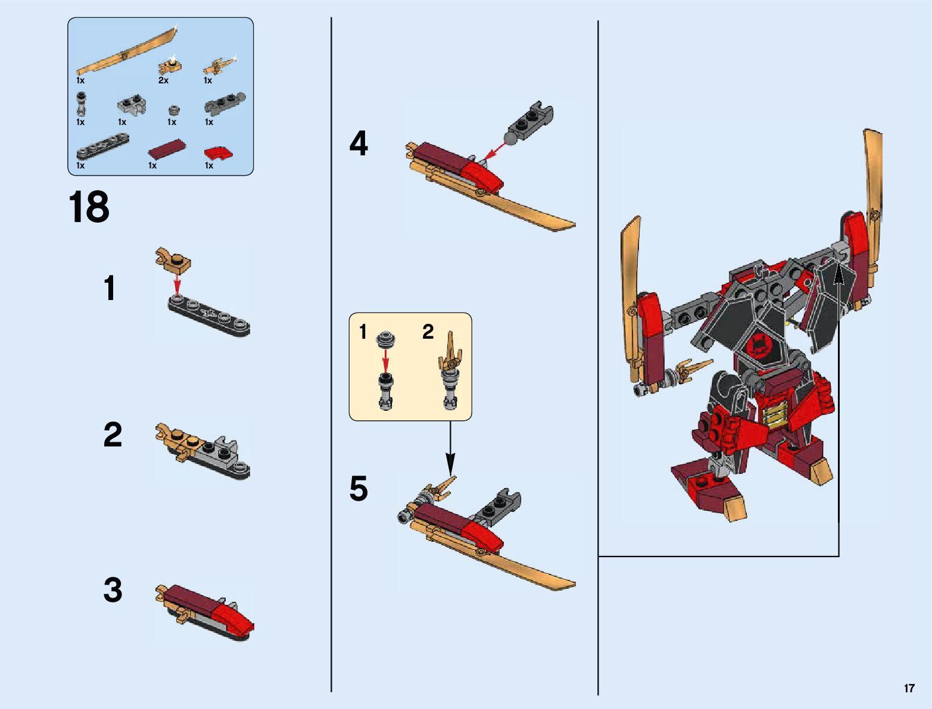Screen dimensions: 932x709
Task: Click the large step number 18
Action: tap(89, 207)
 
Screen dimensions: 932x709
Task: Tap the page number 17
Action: tap(909, 688)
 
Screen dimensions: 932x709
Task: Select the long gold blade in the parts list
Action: tap(127, 51)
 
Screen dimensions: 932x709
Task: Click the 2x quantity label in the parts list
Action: tap(163, 80)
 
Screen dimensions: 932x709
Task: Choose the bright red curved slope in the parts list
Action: tap(219, 153)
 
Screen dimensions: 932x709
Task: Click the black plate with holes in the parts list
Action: tap(103, 146)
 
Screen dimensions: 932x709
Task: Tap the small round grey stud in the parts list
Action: tap(173, 110)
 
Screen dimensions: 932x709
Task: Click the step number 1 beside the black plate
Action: tap(110, 288)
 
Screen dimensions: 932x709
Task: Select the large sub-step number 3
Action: tap(113, 589)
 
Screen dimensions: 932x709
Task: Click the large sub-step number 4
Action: tap(359, 143)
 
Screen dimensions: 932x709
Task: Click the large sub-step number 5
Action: tap(359, 488)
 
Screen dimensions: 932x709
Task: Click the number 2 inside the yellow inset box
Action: tap(428, 332)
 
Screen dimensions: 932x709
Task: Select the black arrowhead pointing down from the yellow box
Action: tap(450, 464)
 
